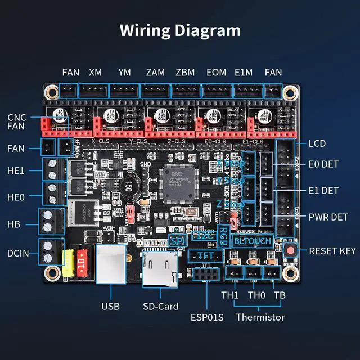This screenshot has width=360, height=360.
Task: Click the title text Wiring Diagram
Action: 179,30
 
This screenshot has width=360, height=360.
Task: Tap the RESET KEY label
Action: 332,251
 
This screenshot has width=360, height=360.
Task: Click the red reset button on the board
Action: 291,251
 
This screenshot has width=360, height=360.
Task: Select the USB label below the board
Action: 110,307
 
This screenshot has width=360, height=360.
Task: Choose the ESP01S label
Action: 207,317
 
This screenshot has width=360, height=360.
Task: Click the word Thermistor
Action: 260,317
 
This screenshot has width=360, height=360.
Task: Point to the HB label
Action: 13,223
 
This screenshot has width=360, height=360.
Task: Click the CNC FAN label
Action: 17,122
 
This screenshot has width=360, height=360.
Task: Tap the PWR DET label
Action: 328,216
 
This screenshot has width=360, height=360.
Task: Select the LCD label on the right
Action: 317,143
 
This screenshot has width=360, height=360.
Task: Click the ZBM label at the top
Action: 185,73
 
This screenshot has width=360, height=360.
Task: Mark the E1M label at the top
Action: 243,73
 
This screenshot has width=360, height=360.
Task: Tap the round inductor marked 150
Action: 129,186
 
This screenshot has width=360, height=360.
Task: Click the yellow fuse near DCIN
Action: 70,263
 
